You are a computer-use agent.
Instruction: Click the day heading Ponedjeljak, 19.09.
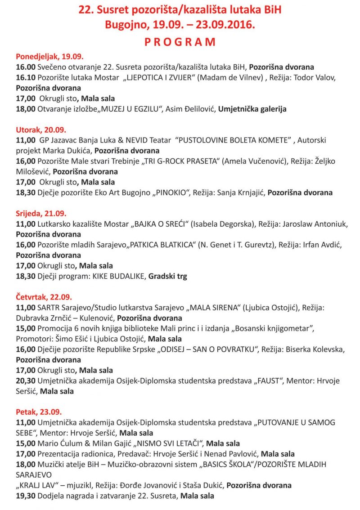49,57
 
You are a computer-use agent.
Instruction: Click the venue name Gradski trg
167,276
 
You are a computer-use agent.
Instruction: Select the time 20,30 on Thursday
25,381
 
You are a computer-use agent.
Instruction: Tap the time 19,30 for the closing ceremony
25,496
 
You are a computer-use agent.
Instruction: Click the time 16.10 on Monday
25,77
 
